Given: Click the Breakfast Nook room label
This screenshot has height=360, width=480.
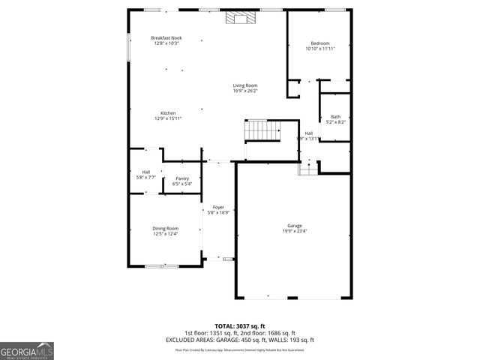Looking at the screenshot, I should [x=166, y=38].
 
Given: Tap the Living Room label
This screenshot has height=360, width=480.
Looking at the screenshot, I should [x=245, y=85].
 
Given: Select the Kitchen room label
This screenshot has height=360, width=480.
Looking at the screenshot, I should [x=168, y=113].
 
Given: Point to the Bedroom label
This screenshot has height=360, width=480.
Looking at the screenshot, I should [x=319, y=43].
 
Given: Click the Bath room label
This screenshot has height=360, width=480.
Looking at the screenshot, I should [x=336, y=116].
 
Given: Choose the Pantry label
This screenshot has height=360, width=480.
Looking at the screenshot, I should [x=182, y=178].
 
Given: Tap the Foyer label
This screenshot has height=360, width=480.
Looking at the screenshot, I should [x=218, y=207].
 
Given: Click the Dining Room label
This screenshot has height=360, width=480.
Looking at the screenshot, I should [x=166, y=228].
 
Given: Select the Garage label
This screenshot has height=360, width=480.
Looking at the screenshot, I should [x=294, y=226].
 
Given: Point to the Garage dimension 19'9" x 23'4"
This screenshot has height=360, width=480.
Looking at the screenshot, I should [x=294, y=231].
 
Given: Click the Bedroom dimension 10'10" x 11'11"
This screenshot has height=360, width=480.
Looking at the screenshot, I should [x=319, y=49].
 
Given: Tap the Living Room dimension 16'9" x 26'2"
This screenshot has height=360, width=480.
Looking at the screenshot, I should [x=245, y=91].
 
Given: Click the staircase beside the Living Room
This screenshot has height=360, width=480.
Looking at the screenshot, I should [x=262, y=130].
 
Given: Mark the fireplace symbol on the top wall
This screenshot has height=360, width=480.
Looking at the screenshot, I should [x=240, y=17].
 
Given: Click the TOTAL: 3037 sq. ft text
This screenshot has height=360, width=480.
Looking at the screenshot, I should [x=239, y=325].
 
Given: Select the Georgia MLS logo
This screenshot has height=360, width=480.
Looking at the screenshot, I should [x=27, y=350].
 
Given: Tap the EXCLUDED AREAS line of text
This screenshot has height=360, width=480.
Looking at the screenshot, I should [x=239, y=340].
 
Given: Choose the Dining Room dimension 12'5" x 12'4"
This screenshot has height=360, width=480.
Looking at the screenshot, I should [x=166, y=233].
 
